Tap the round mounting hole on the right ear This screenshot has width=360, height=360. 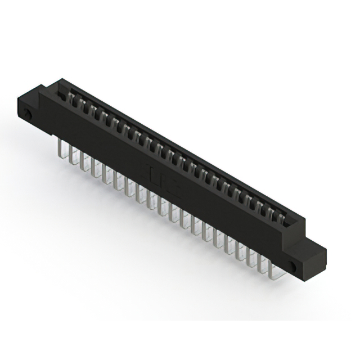[x=292, y=264]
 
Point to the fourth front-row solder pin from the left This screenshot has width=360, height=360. [x=93, y=169]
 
